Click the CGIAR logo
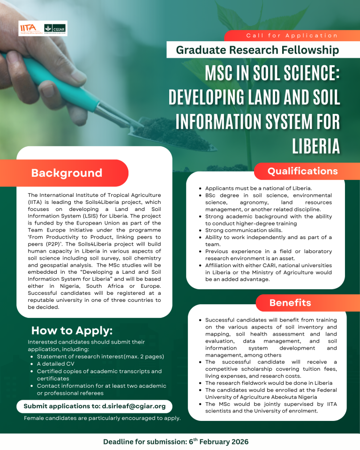[55, 29]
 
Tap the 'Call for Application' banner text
[292, 36]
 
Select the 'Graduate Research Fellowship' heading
[257, 50]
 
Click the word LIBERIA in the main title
[315, 145]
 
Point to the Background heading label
[67, 173]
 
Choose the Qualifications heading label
[302, 171]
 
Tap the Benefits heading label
[290, 303]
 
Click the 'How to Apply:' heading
[72, 330]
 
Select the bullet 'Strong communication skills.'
[244, 230]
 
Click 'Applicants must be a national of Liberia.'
[258, 188]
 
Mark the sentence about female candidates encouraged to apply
[102, 418]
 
